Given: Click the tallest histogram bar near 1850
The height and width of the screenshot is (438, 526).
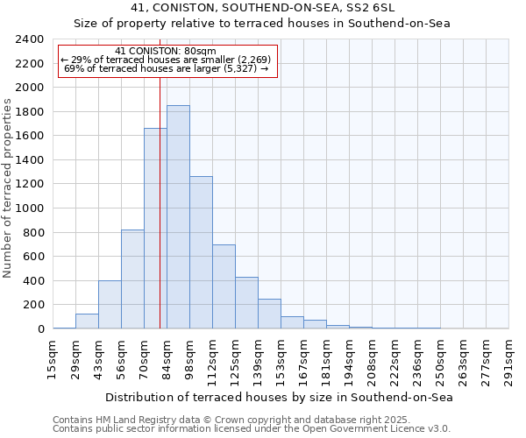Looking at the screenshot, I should pos(178,217).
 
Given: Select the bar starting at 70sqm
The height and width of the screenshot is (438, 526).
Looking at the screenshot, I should pos(155,229).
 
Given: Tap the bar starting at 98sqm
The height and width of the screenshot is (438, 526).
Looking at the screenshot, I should pos(201,252).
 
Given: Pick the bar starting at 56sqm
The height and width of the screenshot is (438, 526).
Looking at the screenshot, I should pos(132,279).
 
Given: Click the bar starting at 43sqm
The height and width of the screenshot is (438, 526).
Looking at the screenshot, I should pos(110,305).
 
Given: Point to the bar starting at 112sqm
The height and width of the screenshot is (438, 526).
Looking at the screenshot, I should pos(224,286).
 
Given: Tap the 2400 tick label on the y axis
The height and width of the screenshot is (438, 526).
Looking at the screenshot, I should pos(29,39).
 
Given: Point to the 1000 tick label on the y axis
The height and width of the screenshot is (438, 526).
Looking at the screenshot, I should pos(29,208).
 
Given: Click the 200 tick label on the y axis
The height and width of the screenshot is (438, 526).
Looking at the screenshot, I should pos(32,305).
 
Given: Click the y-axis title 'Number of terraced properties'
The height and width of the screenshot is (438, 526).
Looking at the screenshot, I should pos(9,188).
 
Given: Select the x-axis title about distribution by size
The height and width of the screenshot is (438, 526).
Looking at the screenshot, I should pos(278,398).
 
